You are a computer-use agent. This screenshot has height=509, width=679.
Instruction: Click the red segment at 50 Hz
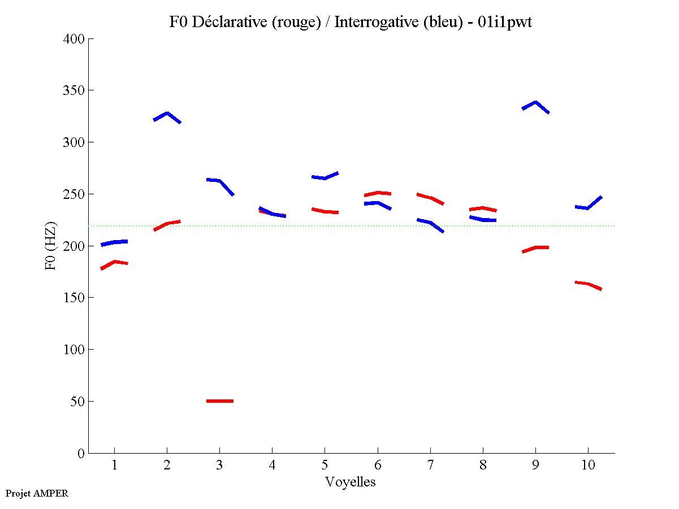point(220,401)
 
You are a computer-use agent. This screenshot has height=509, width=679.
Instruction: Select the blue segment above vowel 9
point(535,103)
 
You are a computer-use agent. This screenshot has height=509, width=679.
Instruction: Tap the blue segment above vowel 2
point(167,114)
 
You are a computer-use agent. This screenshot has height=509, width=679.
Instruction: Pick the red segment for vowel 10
point(588,284)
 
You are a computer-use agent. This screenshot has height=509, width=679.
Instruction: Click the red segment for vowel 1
point(115,262)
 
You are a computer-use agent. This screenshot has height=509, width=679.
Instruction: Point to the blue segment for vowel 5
point(325,177)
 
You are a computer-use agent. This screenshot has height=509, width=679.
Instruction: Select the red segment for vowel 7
point(430,198)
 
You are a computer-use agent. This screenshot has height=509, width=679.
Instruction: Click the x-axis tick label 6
point(378,466)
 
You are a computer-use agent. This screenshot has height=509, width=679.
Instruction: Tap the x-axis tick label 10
point(588,466)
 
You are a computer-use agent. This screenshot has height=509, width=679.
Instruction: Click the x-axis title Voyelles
point(351,482)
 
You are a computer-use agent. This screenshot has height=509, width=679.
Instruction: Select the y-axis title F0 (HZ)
point(51,246)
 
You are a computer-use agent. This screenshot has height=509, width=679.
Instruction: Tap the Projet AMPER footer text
point(37,493)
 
